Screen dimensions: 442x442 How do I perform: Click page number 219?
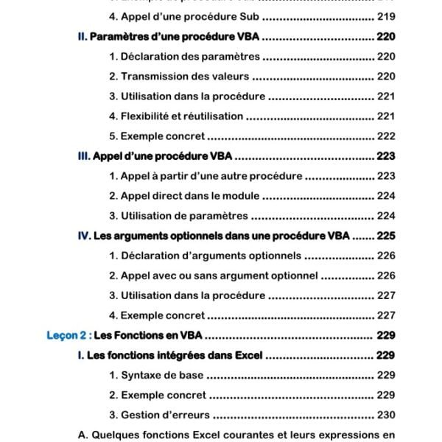[386, 16]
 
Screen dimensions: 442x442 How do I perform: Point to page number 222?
[386, 136]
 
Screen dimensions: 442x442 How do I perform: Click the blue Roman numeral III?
[83, 156]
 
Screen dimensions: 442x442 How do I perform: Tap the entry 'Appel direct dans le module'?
[184, 196]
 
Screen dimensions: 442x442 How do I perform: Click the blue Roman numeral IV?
[83, 236]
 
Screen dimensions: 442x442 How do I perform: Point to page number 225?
[386, 236]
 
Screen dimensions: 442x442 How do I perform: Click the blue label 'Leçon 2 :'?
[69, 335]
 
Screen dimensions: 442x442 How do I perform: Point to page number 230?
[386, 415]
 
